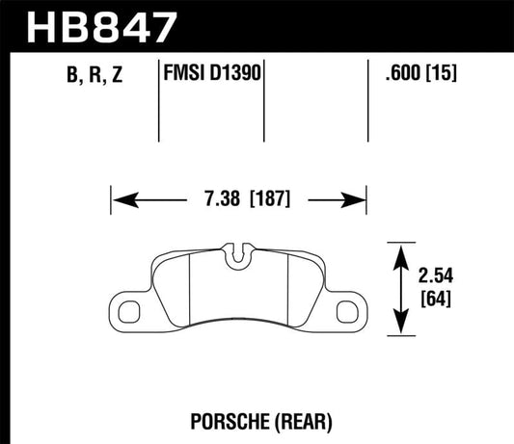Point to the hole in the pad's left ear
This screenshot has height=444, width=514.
pos(129,309)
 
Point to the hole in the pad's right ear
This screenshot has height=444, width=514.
pos(348,309)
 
